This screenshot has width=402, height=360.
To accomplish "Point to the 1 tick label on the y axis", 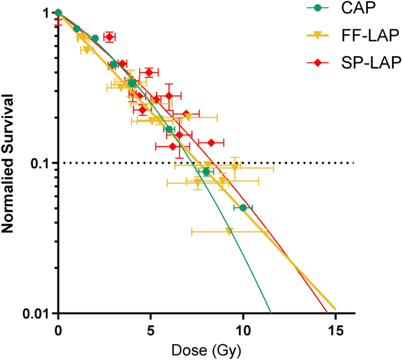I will (46, 12).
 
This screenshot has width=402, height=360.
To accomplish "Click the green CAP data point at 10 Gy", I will (243, 208).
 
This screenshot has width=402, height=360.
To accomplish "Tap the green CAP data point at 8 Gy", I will (206, 172).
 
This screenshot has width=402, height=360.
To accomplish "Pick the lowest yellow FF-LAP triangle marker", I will (229, 232).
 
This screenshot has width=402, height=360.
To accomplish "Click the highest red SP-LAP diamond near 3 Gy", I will (109, 37).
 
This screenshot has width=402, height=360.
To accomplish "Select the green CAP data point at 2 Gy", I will (95, 38).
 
